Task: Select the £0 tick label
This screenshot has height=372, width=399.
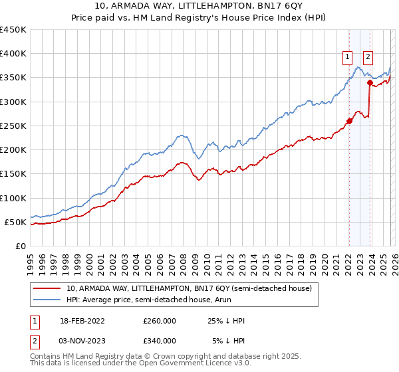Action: click(20, 246)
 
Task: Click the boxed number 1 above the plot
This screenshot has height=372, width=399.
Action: click(348, 58)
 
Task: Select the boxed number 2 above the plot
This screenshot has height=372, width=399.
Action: click(368, 58)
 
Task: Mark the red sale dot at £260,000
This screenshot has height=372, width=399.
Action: click(349, 121)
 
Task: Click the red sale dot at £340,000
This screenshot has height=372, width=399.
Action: click(369, 82)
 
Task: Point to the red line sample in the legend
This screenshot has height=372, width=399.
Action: click(48, 288)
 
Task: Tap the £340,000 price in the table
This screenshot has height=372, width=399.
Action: click(160, 341)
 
